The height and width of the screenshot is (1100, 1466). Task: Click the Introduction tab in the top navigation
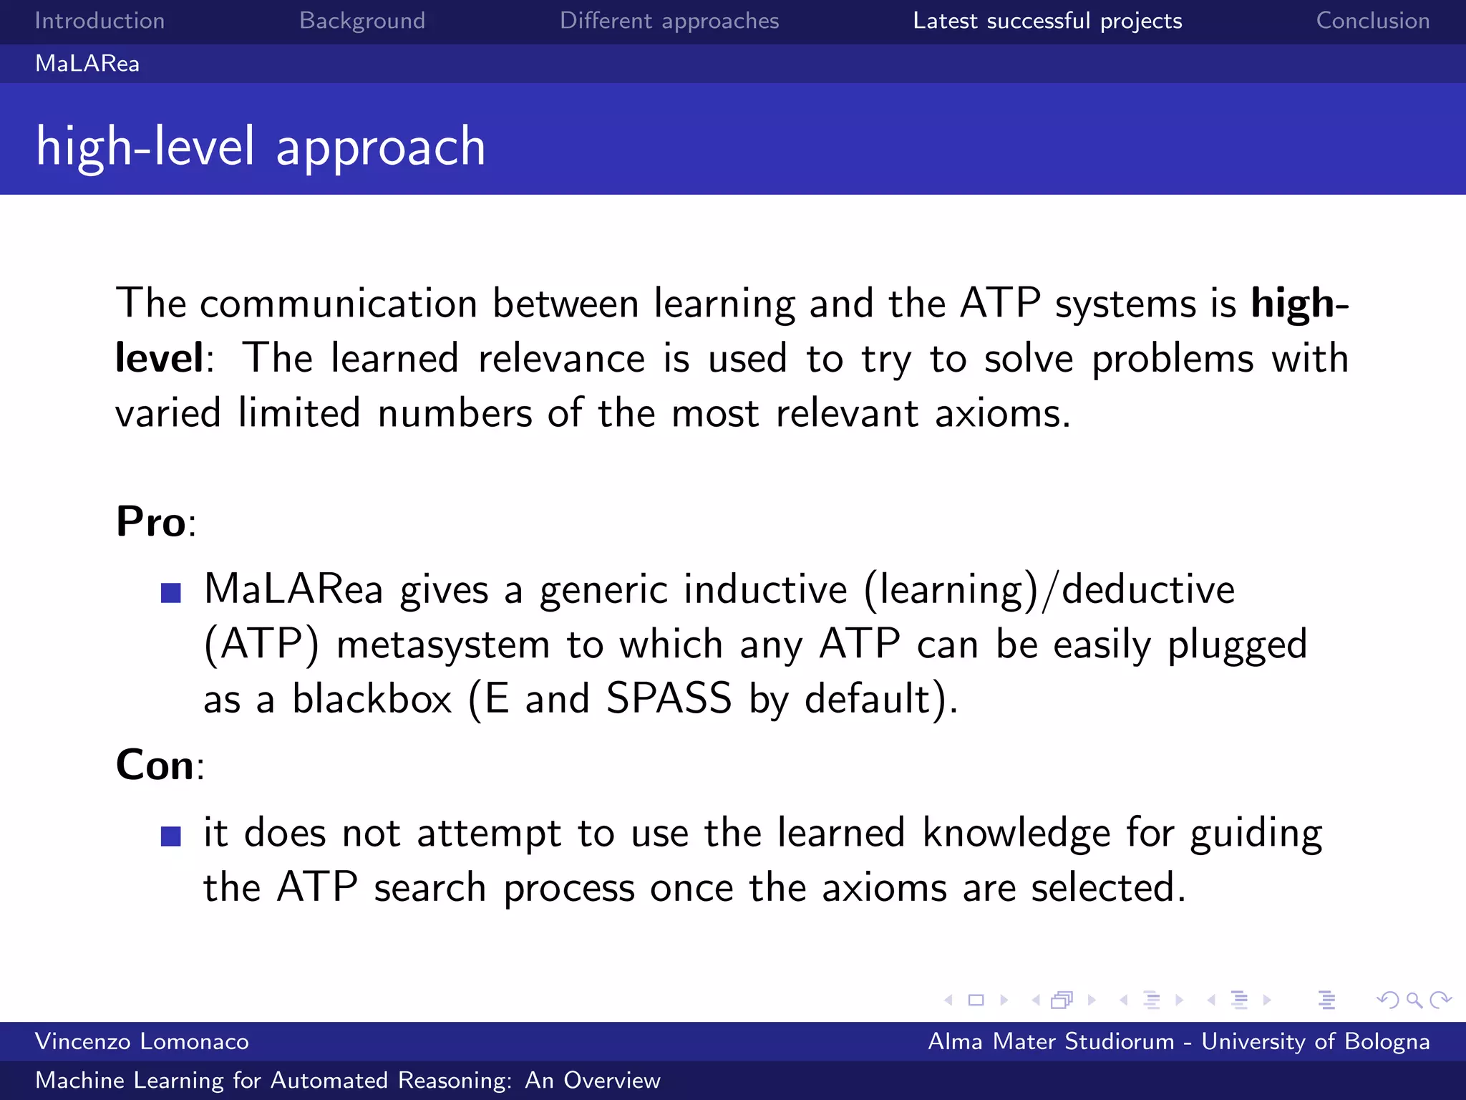(99, 21)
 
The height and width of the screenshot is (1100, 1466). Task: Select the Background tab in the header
(362, 21)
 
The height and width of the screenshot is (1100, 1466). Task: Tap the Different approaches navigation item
(669, 21)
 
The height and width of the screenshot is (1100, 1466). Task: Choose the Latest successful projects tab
(1047, 21)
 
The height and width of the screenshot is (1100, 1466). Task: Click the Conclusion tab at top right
(1372, 21)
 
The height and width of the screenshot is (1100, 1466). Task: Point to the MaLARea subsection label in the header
(87, 64)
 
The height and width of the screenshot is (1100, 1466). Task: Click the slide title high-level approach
(261, 146)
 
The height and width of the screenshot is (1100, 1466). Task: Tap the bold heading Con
(155, 765)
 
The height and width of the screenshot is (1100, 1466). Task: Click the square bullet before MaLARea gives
(171, 593)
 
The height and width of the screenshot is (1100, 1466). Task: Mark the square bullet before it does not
(171, 836)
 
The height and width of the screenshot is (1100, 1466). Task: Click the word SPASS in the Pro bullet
(669, 698)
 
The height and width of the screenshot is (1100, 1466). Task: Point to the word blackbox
(372, 698)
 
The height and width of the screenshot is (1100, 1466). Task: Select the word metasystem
(442, 645)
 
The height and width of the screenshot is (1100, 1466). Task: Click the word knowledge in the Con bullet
(1016, 833)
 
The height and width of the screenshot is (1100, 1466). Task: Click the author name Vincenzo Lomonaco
(142, 1041)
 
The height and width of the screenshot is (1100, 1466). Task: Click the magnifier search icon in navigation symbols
(1413, 1000)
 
